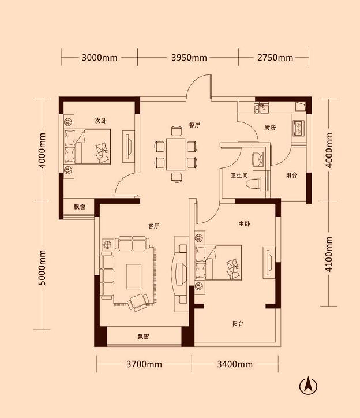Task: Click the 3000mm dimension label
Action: point(100,57)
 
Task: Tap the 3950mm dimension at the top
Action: point(189,57)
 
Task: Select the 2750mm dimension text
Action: point(275,57)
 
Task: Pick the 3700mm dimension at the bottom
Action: point(144,364)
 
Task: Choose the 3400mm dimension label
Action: point(235,364)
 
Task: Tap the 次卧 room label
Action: point(101,120)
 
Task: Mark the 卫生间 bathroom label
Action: point(239,176)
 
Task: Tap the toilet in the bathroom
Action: point(253,184)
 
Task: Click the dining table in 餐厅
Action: point(176,154)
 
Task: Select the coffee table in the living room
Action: point(134,276)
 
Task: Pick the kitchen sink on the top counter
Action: point(263,108)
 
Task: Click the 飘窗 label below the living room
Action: point(144,337)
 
